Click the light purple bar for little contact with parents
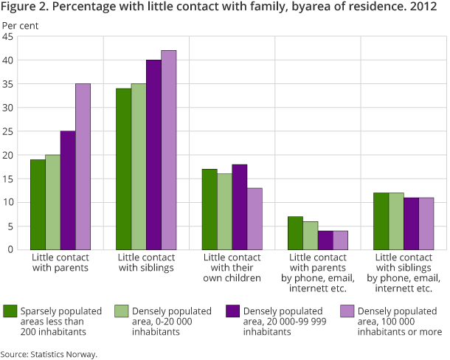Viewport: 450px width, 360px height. point(83,167)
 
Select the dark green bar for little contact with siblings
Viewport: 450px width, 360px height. point(122,169)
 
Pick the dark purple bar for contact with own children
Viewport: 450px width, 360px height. point(239,207)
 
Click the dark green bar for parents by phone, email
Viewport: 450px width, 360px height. point(294,233)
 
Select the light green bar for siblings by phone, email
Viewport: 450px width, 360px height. point(396,221)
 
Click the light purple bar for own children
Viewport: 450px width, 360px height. point(255,218)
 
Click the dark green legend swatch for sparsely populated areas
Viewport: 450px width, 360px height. point(10,310)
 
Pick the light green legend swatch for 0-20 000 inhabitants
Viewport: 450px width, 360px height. point(122,310)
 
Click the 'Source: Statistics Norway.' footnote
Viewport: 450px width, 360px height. point(49,354)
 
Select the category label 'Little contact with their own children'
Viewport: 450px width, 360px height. point(232,268)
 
